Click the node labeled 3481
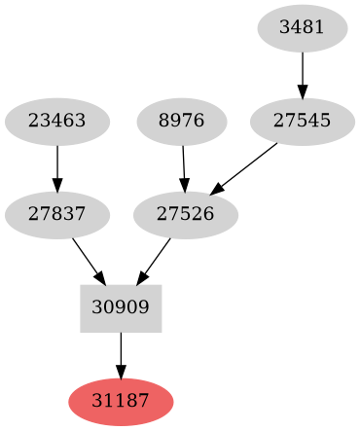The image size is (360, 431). point(302,28)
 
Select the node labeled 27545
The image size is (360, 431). point(302,122)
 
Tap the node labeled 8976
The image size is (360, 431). point(182,122)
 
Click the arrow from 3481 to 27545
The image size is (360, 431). point(302,74)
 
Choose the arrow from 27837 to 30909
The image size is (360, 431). point(88,261)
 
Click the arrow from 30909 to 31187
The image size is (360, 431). point(121,354)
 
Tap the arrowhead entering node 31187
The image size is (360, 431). point(121,372)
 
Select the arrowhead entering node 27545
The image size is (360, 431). point(302,92)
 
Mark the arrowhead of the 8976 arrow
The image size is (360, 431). point(184,186)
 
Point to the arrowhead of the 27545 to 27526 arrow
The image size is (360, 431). point(218,188)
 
